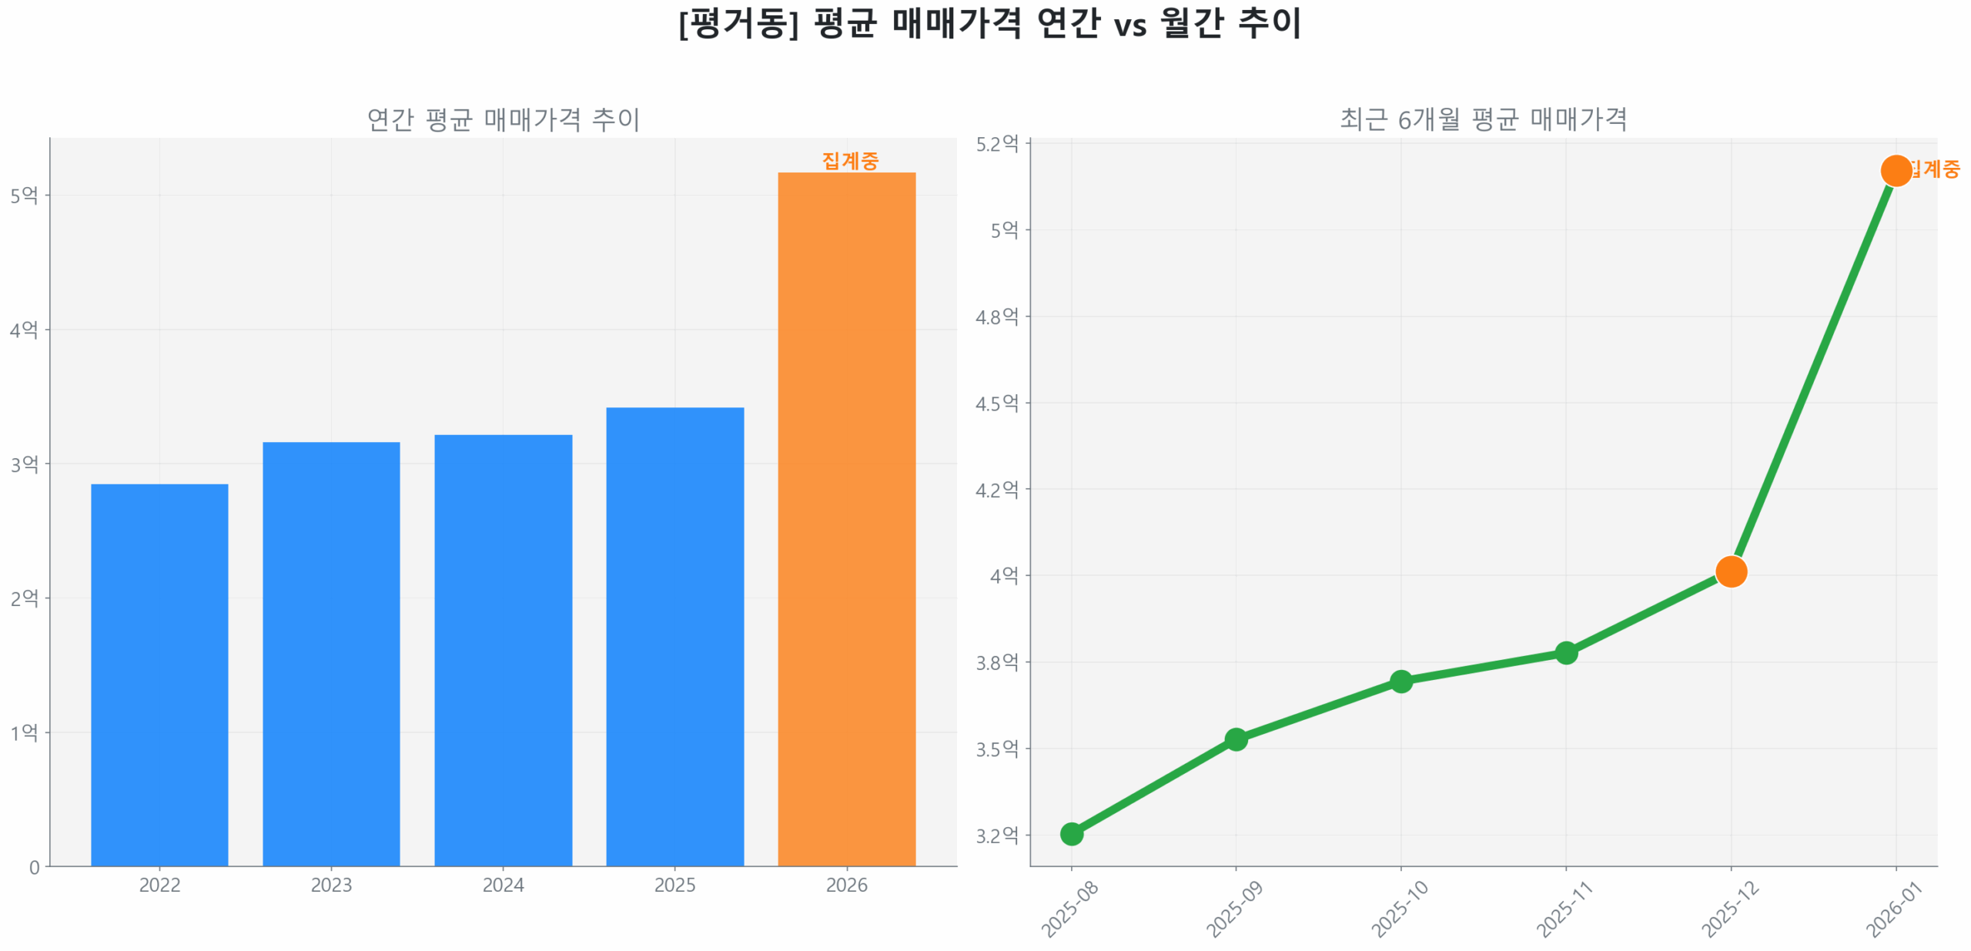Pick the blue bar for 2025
(674, 636)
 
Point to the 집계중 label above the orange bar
(850, 160)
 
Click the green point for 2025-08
(1071, 833)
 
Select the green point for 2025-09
(1236, 738)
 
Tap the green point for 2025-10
(1400, 681)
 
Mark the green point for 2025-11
(1565, 652)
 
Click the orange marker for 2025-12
(1731, 571)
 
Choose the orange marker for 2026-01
(1896, 170)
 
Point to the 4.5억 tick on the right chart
(997, 403)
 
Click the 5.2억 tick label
(997, 144)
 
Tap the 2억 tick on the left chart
(24, 598)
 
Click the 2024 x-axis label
(503, 885)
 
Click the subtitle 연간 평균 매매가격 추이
(503, 119)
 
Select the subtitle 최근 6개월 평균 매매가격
(1483, 119)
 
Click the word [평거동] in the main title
(738, 23)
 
